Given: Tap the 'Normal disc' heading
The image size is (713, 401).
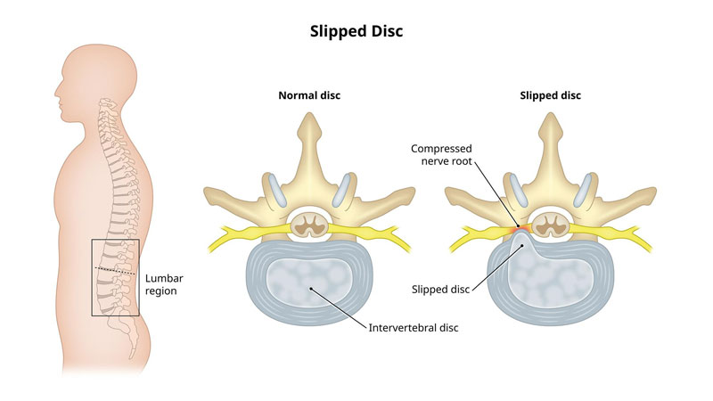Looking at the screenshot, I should coord(309,95).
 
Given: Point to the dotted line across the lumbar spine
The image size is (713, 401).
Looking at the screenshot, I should coord(117,268).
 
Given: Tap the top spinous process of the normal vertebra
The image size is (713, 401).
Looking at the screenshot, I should coord(310,134).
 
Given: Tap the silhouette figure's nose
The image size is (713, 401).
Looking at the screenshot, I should coord(54,90).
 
